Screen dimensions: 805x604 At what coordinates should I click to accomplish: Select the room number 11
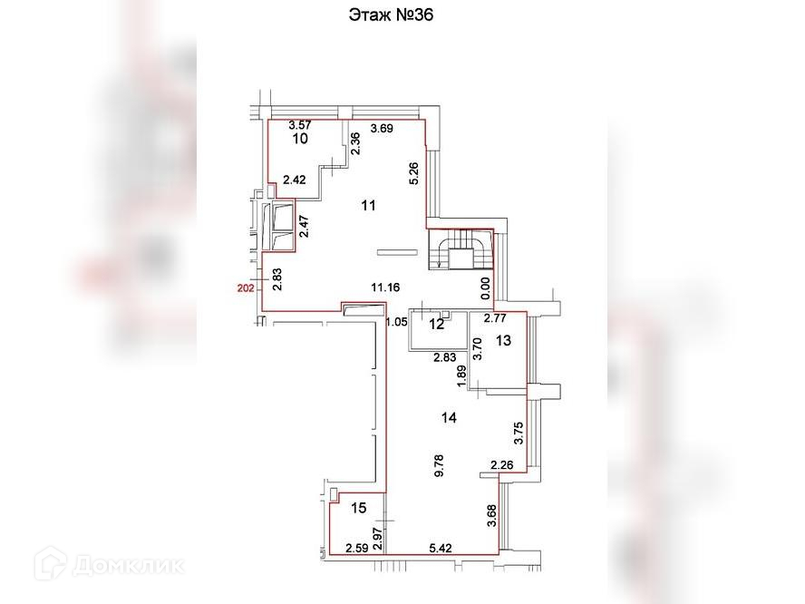pos(367,206)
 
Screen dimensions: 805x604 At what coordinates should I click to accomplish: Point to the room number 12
pos(437,324)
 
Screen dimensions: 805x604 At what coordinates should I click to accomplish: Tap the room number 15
pos(359,508)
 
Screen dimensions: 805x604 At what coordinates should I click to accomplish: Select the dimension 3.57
pos(300,125)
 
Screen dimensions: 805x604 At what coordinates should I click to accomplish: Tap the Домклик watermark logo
pos(108,566)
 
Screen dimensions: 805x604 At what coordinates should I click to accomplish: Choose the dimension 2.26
pos(501,466)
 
